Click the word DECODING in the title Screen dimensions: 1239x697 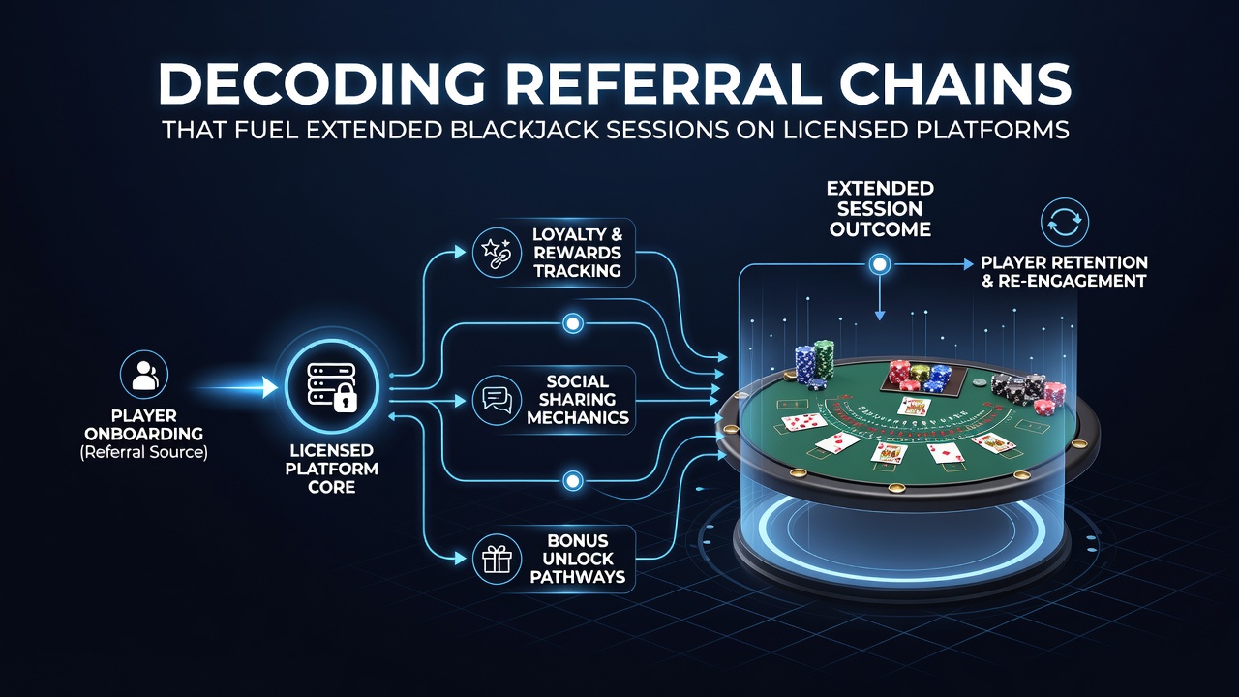[320, 83]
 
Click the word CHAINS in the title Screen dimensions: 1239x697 [955, 83]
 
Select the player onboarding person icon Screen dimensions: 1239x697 [144, 375]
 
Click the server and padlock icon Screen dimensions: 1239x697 [332, 387]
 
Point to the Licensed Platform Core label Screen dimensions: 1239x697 [331, 469]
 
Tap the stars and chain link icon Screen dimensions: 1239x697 [497, 252]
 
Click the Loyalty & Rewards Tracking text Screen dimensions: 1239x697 [578, 253]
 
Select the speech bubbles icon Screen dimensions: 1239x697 [497, 400]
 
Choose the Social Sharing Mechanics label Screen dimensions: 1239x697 [578, 400]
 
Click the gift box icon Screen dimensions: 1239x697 [497, 560]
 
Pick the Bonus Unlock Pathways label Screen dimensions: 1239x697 [578, 559]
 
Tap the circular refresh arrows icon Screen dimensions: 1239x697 [1065, 222]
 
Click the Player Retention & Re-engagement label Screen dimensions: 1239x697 [1064, 272]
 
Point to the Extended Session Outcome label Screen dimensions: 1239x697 [880, 209]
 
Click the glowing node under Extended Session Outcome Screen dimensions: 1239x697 [880, 264]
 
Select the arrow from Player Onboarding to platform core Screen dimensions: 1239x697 [232, 387]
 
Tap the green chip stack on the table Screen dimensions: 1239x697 [823, 358]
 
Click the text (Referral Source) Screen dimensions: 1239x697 [144, 452]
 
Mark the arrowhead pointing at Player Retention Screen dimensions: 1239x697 [969, 264]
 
